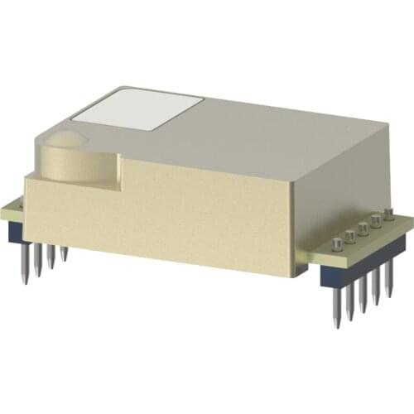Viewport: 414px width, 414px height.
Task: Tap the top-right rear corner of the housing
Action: point(388,124)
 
